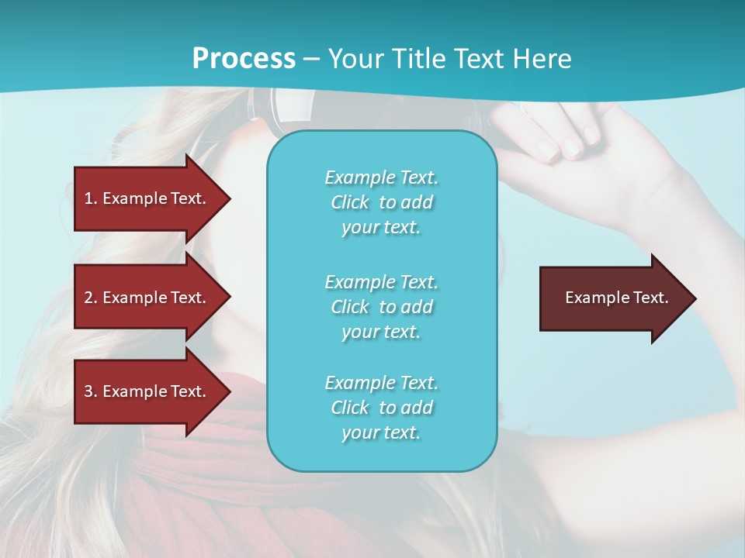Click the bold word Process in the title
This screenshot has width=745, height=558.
244,59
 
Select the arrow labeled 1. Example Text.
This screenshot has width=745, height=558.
147,198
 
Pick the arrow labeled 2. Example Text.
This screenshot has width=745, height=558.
147,298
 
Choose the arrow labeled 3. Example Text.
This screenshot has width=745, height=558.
147,391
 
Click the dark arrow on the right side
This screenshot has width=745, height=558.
613,298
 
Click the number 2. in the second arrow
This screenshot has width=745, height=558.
91,298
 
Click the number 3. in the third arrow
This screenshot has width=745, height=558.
91,391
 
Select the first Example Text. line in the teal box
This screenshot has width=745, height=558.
381,177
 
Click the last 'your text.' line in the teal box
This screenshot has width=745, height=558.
381,432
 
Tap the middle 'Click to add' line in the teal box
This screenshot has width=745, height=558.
381,307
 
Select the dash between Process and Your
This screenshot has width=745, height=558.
312,59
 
